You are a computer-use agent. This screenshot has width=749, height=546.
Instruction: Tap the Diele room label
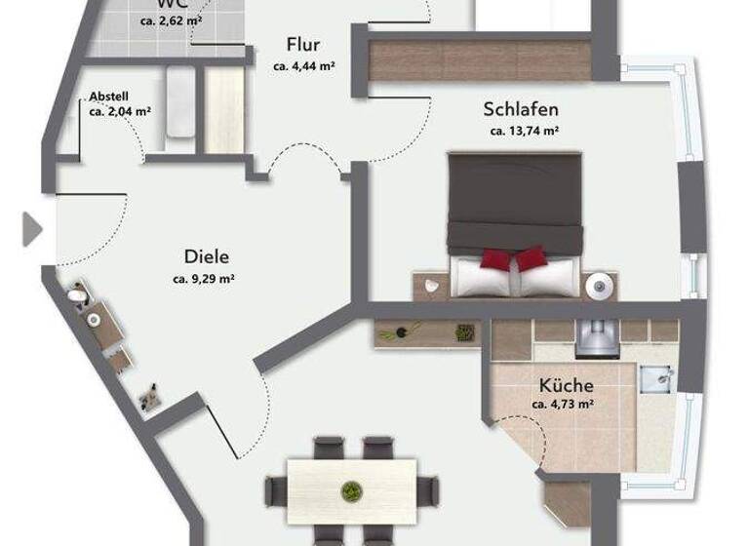click(x=206, y=257)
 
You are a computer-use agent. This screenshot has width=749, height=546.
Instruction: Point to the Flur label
click(x=303, y=45)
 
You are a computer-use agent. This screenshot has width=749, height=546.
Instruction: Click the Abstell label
click(x=108, y=97)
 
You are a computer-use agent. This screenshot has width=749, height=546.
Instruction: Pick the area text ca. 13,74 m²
click(x=523, y=131)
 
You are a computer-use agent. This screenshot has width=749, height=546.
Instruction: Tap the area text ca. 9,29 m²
click(x=204, y=279)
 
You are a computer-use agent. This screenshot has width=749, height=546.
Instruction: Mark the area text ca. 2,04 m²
click(x=118, y=112)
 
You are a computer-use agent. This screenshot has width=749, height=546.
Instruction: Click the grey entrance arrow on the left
click(x=32, y=230)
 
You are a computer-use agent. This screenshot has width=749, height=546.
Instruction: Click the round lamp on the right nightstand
click(x=599, y=285)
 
